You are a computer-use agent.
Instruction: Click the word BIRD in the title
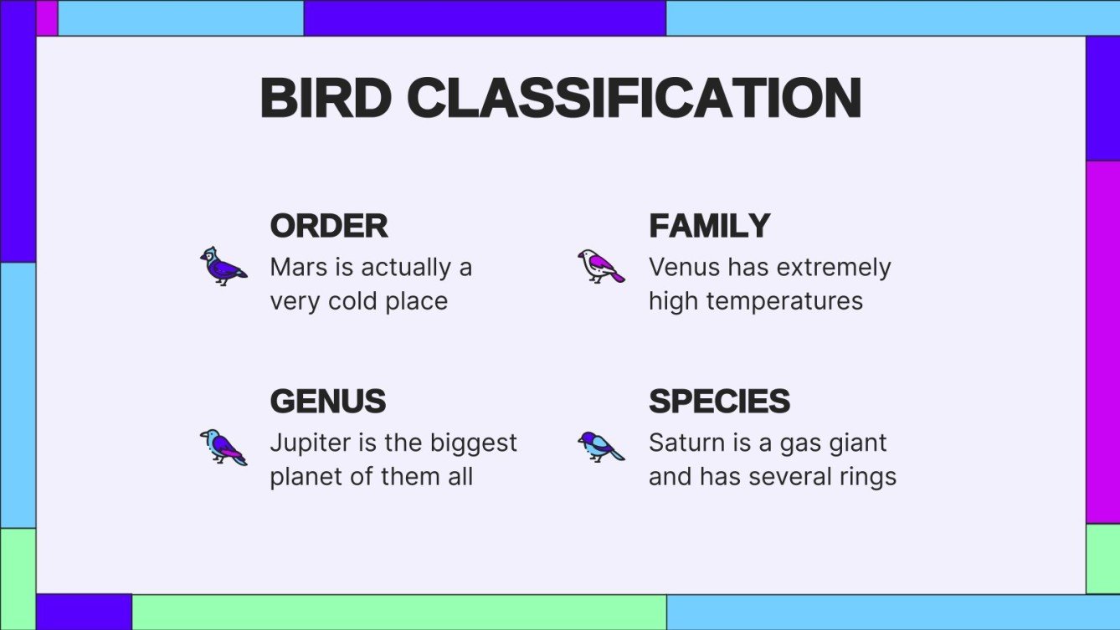(326, 98)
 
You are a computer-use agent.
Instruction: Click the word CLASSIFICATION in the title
(634, 98)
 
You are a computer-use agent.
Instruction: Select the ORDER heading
(328, 226)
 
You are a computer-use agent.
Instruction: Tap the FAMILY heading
(709, 226)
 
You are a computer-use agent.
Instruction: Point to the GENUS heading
(327, 402)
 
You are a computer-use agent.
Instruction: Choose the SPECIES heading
(719, 402)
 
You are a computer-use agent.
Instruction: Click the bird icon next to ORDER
(223, 266)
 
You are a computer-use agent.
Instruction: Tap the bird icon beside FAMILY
(600, 266)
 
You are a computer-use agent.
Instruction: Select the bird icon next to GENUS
(223, 447)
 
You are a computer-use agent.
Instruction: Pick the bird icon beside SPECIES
(600, 447)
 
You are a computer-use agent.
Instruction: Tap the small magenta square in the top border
(47, 18)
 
